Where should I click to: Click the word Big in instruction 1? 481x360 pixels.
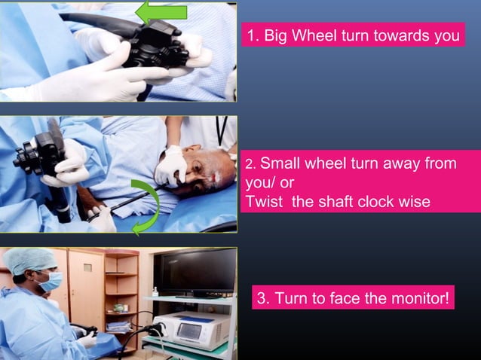click(x=278, y=35)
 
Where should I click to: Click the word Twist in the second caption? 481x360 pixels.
click(x=264, y=201)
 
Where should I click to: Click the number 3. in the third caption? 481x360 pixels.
click(x=263, y=297)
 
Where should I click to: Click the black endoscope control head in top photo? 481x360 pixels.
click(x=155, y=45)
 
